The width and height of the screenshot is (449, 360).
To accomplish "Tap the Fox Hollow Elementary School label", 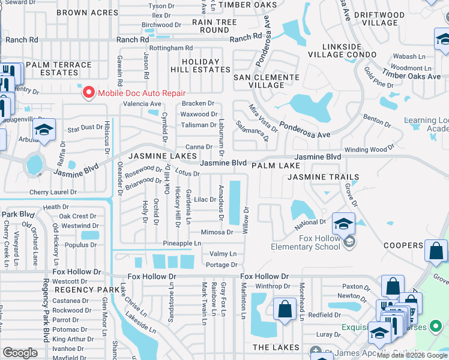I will coord(306,242).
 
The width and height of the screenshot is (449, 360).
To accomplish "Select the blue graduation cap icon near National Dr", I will coord(343,224).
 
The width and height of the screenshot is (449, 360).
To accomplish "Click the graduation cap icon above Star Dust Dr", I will coord(44,130).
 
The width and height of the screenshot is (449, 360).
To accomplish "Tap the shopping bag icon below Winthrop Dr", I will coord(285,310).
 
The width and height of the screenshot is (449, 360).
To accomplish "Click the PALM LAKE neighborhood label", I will coord(276,165).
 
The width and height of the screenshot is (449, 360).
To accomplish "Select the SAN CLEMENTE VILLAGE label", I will coord(266,81).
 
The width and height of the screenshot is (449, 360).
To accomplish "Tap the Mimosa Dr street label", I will coord(217,232).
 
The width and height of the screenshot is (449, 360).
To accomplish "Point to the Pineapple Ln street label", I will coord(182,243).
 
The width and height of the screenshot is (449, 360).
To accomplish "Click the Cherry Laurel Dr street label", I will coord(53,193).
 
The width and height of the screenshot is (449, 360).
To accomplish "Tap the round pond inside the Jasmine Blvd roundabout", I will coord(35,163).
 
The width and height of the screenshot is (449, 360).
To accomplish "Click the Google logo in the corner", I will coord(20,353).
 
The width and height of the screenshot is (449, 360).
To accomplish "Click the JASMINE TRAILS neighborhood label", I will coord(323,177).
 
